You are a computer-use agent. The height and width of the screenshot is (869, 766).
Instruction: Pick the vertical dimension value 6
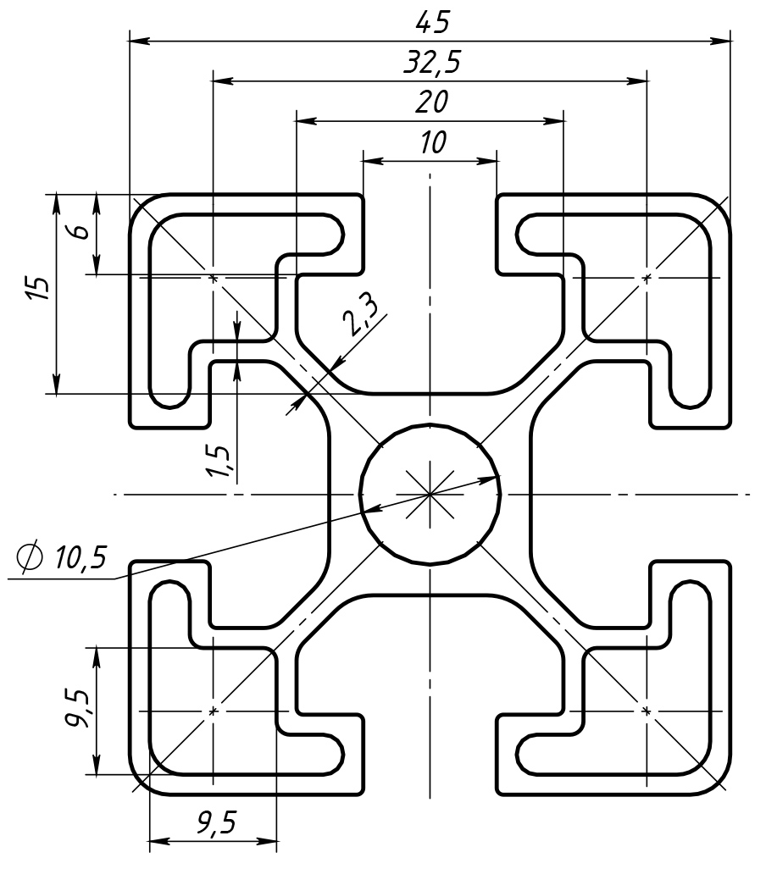click(x=79, y=231)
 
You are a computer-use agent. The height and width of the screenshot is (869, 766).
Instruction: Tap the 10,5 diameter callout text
click(x=81, y=558)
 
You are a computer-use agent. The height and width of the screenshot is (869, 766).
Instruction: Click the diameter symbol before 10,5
click(x=31, y=556)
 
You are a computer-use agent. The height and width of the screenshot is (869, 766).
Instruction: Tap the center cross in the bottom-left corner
click(x=212, y=711)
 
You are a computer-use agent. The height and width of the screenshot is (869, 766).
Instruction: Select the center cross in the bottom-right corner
click(x=647, y=711)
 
